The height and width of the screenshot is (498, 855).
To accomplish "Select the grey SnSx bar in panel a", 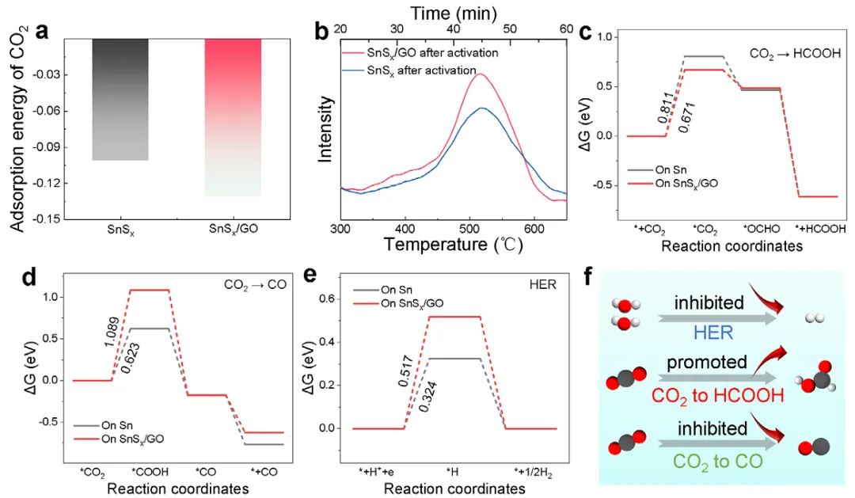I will [120, 99].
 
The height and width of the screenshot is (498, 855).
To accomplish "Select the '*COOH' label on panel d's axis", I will [150, 473].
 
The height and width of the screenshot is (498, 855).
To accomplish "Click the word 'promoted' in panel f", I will [707, 361].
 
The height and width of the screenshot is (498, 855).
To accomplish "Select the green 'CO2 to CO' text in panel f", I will [706, 459].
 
